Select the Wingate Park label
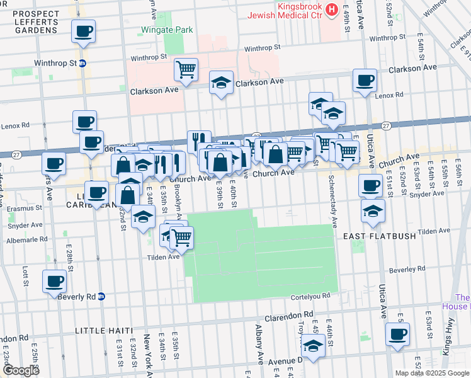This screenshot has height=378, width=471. point(167,29)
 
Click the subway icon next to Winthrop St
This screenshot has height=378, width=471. point(82,63)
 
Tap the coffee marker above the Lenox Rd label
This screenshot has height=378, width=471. point(365,80)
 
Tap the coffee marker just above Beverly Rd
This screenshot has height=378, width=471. point(54,280)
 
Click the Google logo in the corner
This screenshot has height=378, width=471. point(20,370)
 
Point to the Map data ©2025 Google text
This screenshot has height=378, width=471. point(432,373)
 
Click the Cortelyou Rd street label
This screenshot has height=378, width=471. point(309,295)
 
